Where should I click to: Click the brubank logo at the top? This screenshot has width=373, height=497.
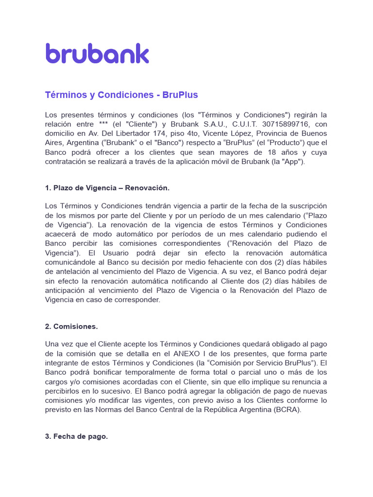pyautogui.click(x=97, y=53)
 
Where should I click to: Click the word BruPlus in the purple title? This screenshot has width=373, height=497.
pyautogui.click(x=180, y=95)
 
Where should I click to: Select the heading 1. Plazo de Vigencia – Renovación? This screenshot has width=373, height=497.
pyautogui.click(x=107, y=188)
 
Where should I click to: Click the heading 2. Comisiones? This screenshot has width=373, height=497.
pyautogui.click(x=71, y=327)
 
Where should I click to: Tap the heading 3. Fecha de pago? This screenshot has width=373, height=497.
pyautogui.click(x=76, y=436)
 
